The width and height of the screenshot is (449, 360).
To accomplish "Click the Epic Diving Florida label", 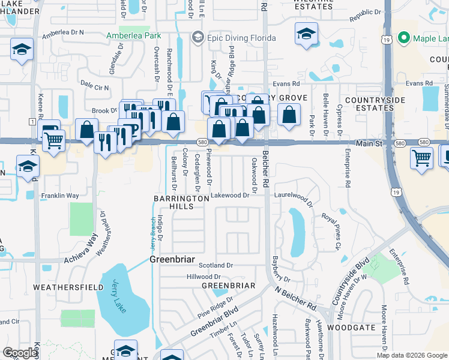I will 241,38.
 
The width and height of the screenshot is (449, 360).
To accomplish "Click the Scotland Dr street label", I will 216,265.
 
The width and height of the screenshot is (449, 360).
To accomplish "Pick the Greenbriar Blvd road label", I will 214,322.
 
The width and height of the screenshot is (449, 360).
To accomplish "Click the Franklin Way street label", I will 59,196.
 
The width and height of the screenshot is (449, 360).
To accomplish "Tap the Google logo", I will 20,353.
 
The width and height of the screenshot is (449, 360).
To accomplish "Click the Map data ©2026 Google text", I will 412,355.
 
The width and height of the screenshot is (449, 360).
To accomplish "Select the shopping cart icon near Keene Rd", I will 54,140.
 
